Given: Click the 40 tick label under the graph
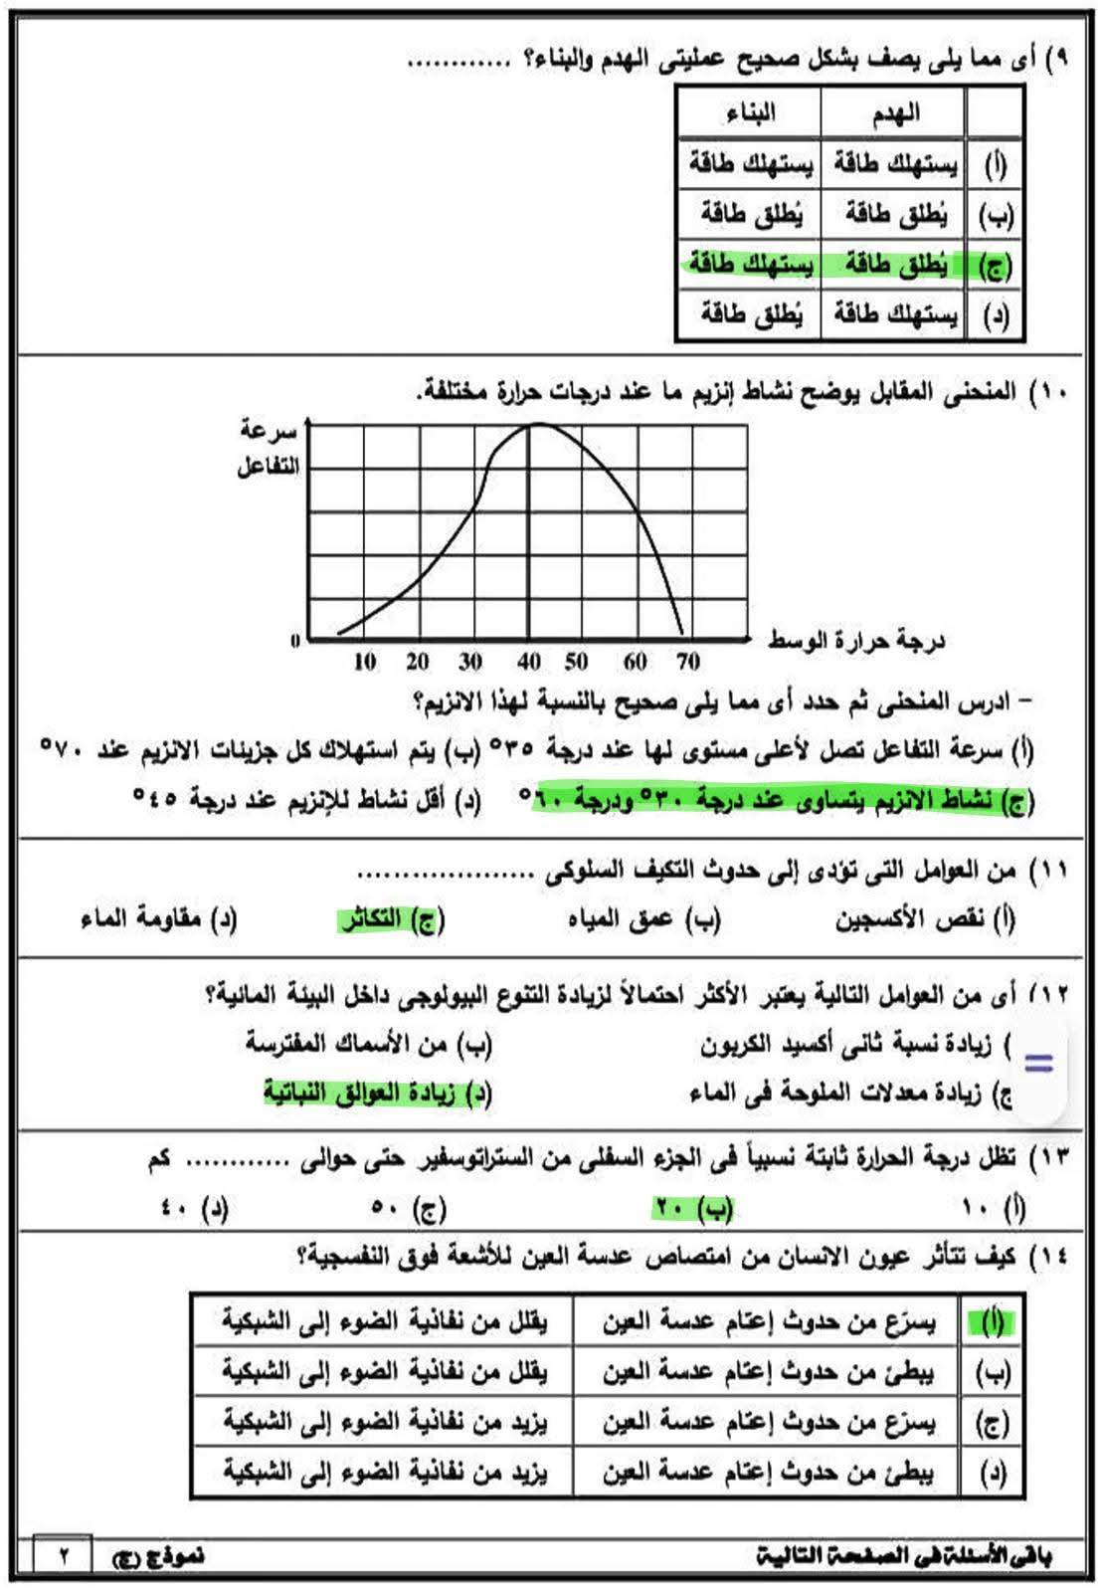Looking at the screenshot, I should pos(528,662).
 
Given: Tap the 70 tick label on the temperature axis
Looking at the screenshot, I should pos(687,662).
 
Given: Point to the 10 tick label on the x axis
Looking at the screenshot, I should pos(364,662).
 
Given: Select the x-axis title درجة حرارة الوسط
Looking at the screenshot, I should pos(856,639).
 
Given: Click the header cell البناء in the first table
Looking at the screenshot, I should pos(751,112).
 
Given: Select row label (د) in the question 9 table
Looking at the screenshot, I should pos(995,316).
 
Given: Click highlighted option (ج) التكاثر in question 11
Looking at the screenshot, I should pos(391,918).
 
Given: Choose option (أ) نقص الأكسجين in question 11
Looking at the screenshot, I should pos(925,918).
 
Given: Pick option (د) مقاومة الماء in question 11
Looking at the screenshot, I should pos(159,918).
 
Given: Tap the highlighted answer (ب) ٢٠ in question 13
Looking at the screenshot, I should pos(693,1208).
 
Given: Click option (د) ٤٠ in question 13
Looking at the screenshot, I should pos(194,1208).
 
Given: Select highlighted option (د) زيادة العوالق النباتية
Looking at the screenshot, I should pos(378,1093).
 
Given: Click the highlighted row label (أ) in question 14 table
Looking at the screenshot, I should pos(991,1322).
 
